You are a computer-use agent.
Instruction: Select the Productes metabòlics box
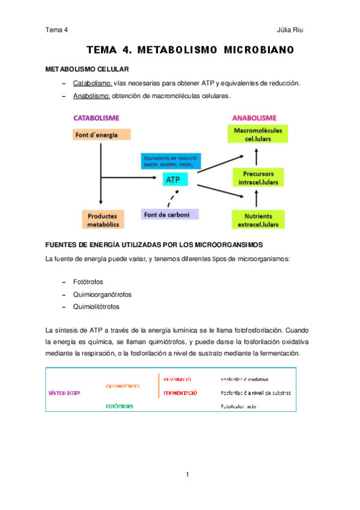(x=102, y=220)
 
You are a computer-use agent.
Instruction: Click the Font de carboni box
(x=170, y=214)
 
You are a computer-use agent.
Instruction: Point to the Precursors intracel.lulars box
(x=257, y=177)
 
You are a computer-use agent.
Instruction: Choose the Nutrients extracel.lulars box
(x=257, y=220)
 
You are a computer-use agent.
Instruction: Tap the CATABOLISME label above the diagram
(x=96, y=117)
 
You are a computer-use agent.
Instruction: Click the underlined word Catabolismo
(x=93, y=83)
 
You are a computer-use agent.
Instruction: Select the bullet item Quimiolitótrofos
(x=96, y=307)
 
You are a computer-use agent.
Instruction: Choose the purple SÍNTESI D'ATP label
(x=64, y=393)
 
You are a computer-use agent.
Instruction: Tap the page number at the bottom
(x=188, y=475)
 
